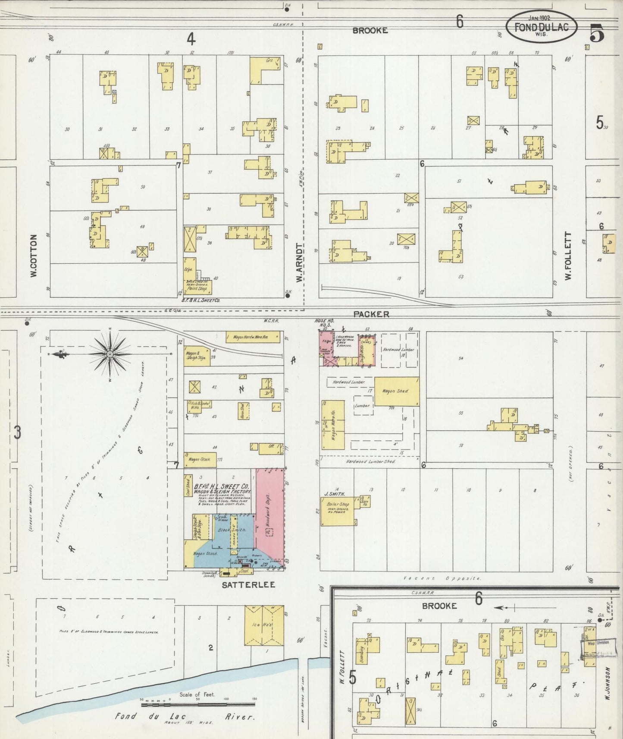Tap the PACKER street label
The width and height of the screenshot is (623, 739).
(371, 314)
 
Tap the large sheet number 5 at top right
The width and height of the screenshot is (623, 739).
(597, 32)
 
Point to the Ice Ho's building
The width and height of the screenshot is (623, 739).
(264, 625)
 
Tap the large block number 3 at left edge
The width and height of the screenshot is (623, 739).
(17, 432)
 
